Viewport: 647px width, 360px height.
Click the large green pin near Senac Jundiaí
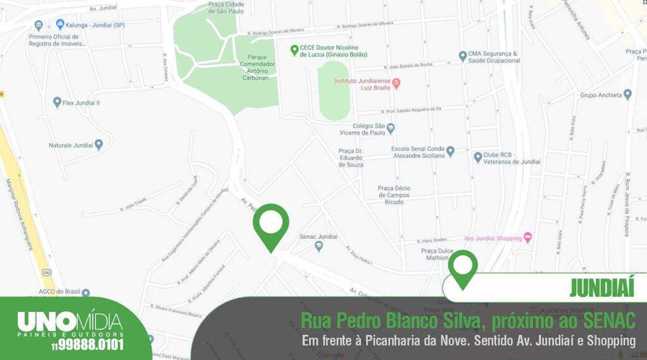271,224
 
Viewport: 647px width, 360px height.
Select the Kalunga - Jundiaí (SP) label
95,25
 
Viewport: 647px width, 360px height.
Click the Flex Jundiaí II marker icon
57,102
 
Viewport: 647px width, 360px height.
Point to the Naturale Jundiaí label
70,145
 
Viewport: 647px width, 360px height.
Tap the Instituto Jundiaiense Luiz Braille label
363,85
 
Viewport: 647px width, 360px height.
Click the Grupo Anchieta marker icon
627,95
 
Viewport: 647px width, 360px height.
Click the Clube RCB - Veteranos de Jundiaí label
512,158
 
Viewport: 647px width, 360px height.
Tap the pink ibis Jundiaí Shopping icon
528,237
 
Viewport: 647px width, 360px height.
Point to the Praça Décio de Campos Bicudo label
394,195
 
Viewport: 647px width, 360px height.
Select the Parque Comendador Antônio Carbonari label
257,67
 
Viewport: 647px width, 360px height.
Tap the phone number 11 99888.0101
88,345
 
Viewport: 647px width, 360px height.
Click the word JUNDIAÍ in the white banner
601,287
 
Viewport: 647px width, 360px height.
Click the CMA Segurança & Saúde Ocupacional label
494,57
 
